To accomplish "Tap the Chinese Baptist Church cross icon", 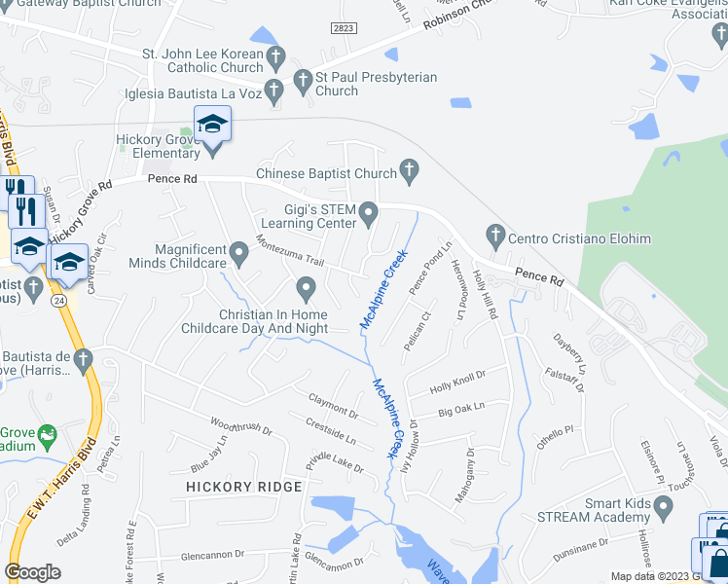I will coord(410,173).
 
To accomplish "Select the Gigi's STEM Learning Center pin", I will coord(369,212).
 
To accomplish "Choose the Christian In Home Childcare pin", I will coord(306,287).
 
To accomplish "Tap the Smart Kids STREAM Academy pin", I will coord(664,507).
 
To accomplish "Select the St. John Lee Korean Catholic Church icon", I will coord(276,57).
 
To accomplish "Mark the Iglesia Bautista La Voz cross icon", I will coord(273,93).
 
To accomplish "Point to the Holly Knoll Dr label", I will coord(457,381).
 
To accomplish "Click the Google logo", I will coord(33,572).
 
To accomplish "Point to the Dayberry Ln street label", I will coord(571,351).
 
